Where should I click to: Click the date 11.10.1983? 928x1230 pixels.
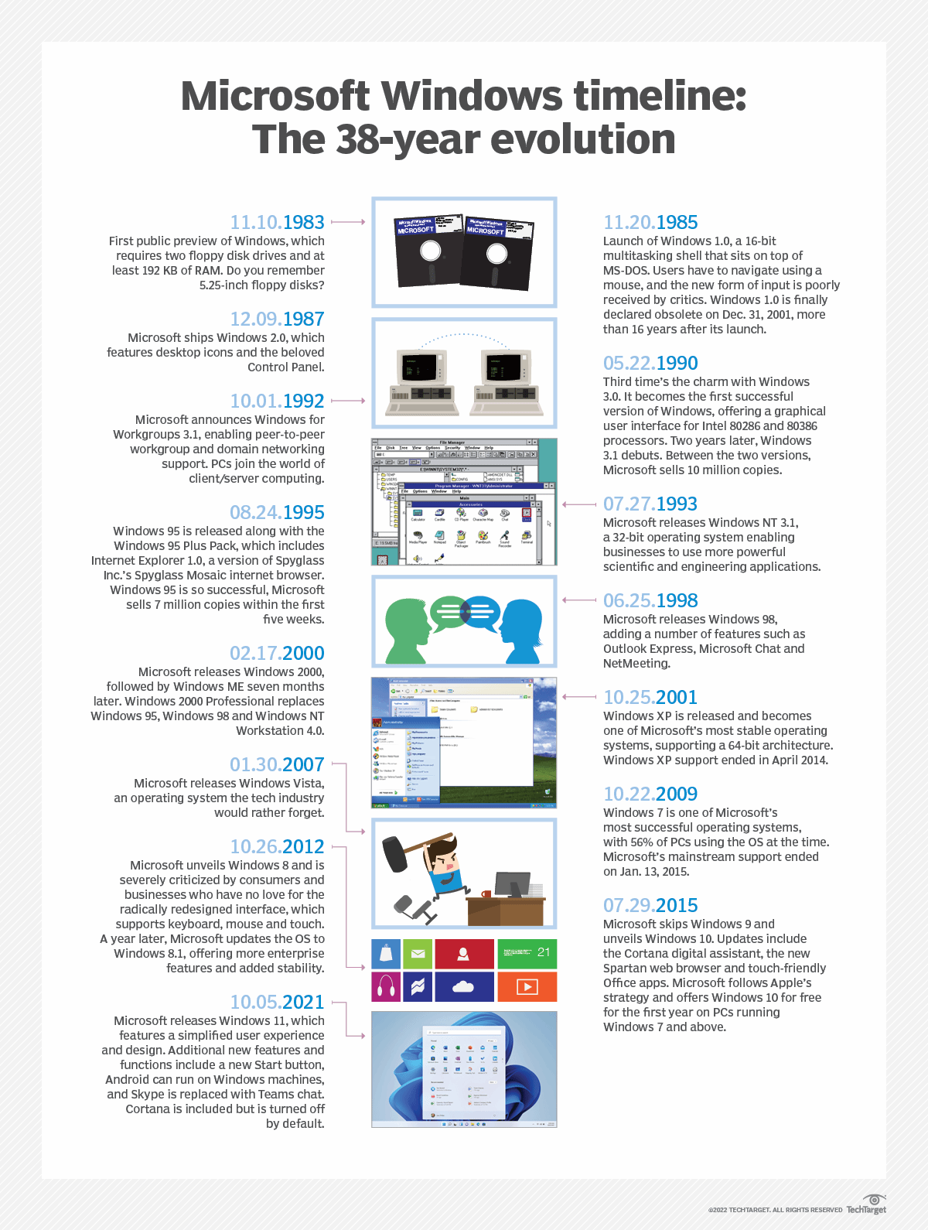click(277, 222)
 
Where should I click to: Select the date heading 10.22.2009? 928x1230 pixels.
click(650, 794)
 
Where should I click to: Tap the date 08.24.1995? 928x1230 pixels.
click(277, 512)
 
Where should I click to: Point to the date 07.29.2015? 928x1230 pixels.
click(650, 905)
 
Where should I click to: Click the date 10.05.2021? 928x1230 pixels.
click(277, 1002)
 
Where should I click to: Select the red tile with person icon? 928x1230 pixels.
click(464, 954)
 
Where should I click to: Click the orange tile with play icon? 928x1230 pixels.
click(527, 987)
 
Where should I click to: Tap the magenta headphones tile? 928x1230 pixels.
click(386, 987)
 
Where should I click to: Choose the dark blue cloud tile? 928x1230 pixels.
click(464, 987)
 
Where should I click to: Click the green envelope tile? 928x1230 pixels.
click(418, 954)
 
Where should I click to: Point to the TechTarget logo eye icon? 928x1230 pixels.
click(874, 1200)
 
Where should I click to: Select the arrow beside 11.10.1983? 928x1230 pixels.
click(348, 222)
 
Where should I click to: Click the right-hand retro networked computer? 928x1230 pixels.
click(506, 378)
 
